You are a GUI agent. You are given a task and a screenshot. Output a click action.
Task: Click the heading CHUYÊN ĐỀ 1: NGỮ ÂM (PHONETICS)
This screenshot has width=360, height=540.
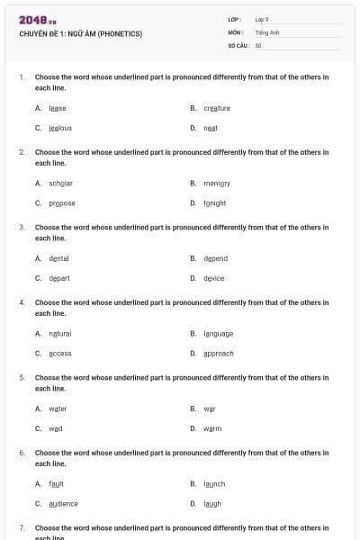80,34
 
